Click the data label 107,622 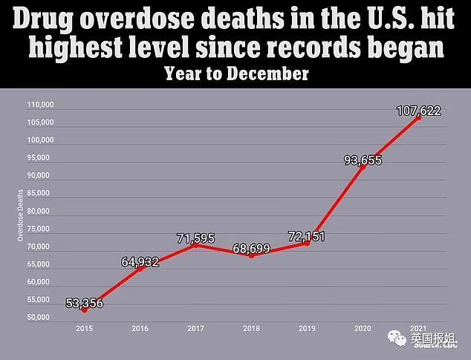click(x=418, y=111)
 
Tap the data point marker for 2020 click(x=363, y=166)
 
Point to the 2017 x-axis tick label click(x=196, y=327)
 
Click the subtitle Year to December click(x=236, y=74)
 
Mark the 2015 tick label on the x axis click(x=84, y=327)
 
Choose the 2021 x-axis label click(x=418, y=327)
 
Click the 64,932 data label click(x=139, y=262)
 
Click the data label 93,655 click(x=363, y=160)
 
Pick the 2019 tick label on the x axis click(x=307, y=327)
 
